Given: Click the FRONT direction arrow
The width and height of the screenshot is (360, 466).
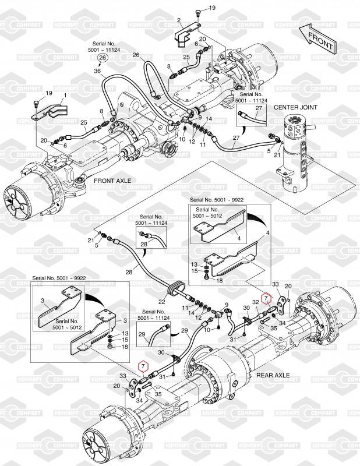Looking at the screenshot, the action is coord(317,39).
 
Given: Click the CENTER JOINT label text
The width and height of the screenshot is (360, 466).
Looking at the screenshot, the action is coord(295,107).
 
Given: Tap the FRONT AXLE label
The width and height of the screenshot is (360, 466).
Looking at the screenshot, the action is coord(112,181).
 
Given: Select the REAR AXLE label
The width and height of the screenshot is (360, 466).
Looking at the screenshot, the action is coord(273,375).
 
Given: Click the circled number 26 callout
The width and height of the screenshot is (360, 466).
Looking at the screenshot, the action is coord(103,57).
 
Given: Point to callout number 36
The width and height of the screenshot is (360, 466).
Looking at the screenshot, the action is coord(97,71).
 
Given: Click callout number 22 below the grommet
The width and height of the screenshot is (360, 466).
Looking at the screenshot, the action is coord(161,302).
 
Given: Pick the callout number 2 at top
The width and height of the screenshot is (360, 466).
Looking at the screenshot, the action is coord(179,20).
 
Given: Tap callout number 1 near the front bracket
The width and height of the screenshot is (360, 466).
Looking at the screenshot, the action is coord(65,96).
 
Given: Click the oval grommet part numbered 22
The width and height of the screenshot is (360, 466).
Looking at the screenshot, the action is coord(176,289).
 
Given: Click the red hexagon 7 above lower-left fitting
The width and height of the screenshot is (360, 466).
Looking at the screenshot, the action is coord(143,366).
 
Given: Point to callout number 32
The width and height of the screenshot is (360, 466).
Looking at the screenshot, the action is coord(256,302).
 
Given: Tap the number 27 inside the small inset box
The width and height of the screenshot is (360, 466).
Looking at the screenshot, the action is coord(259,108).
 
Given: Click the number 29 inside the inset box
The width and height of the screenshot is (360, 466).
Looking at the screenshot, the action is coord(142,334).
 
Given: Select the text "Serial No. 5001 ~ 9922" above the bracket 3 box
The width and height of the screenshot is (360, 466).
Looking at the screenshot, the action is coord(59,278).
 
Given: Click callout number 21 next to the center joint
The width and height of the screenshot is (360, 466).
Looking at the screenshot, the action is coord(277,155).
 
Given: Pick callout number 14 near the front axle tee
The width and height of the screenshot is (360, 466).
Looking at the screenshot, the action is coord(209,119).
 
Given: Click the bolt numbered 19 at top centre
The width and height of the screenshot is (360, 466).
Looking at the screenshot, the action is coord(198,12).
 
